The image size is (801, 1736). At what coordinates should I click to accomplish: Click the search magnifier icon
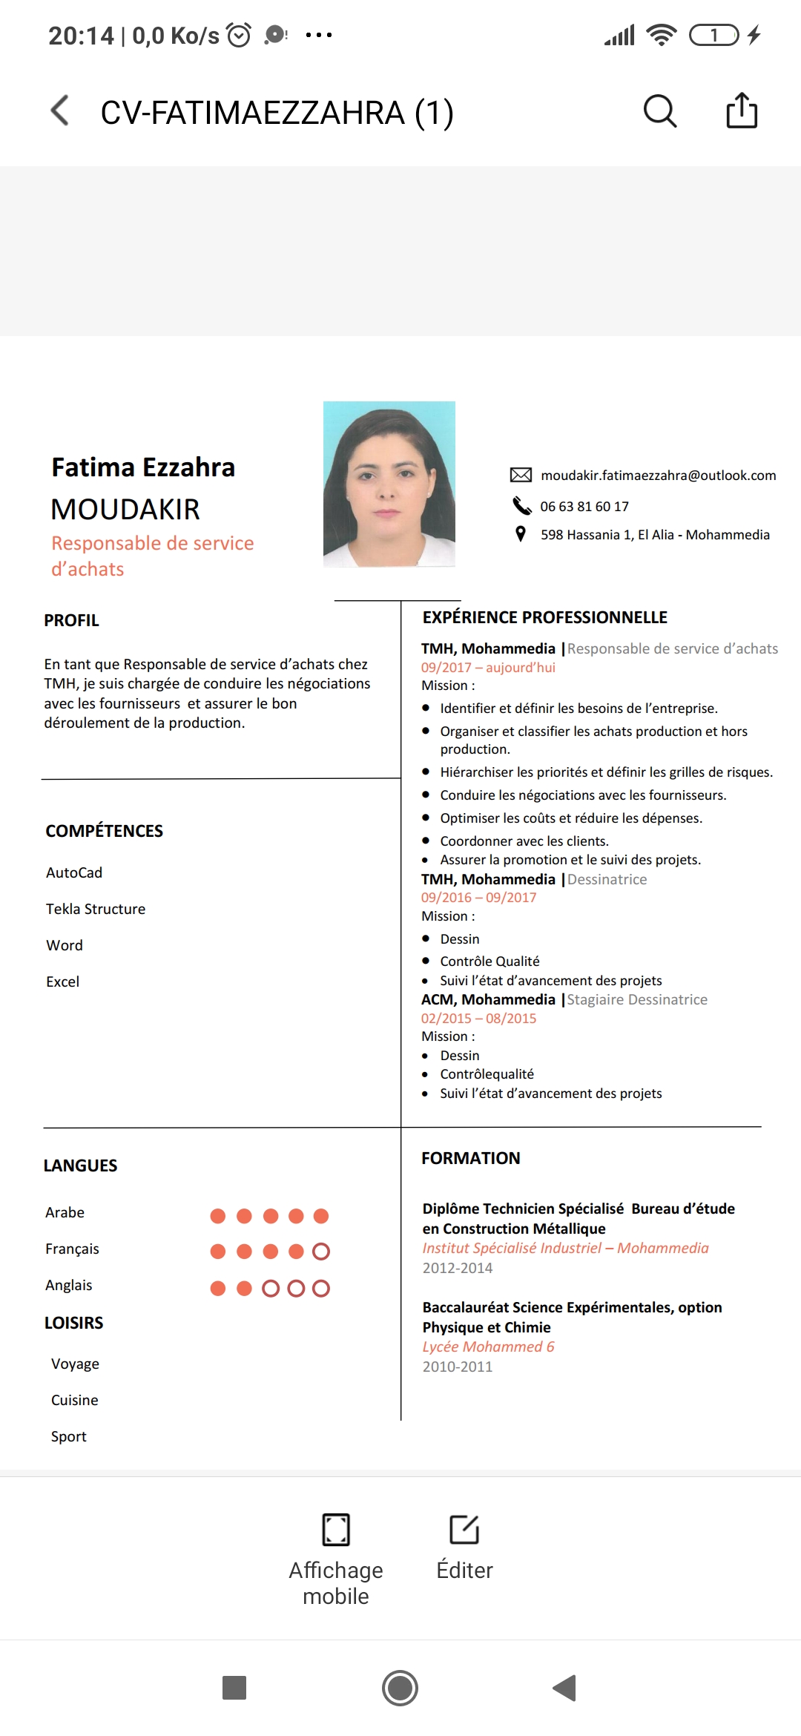pyautogui.click(x=659, y=111)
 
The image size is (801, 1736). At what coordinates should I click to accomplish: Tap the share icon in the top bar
pyautogui.click(x=741, y=111)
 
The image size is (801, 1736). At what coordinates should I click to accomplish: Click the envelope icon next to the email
pyautogui.click(x=521, y=475)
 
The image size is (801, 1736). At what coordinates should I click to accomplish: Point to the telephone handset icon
pyautogui.click(x=522, y=506)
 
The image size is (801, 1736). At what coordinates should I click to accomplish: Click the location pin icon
pyautogui.click(x=521, y=534)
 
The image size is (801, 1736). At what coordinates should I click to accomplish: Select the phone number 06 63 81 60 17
pyautogui.click(x=584, y=507)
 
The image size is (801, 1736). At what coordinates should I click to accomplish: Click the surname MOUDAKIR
pyautogui.click(x=125, y=510)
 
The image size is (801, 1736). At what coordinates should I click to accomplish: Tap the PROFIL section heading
pyautogui.click(x=71, y=620)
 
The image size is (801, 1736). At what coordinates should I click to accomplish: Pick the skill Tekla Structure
pyautogui.click(x=96, y=909)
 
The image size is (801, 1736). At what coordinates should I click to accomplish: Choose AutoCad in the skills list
pyautogui.click(x=74, y=872)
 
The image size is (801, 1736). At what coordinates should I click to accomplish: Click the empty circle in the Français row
pyautogui.click(x=321, y=1252)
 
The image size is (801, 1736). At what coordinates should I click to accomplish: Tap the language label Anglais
pyautogui.click(x=69, y=1285)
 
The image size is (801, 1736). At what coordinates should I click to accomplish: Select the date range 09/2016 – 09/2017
pyautogui.click(x=478, y=898)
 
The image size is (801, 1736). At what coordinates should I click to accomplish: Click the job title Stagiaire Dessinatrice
pyautogui.click(x=637, y=999)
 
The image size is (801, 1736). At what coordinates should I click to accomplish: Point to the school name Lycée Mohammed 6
pyautogui.click(x=488, y=1347)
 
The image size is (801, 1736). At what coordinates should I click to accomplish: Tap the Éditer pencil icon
pyautogui.click(x=464, y=1529)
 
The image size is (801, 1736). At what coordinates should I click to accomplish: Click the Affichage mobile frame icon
pyautogui.click(x=336, y=1529)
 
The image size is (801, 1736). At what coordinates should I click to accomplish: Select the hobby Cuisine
pyautogui.click(x=74, y=1400)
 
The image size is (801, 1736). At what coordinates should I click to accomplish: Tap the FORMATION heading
pyautogui.click(x=471, y=1158)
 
